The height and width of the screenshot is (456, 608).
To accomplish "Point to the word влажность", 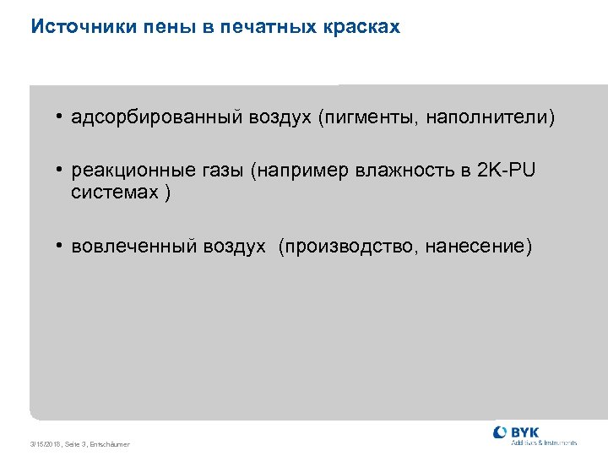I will point(404,171).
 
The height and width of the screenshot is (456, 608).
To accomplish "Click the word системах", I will point(115,193).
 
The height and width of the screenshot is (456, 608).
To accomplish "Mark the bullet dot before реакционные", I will point(62,171).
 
